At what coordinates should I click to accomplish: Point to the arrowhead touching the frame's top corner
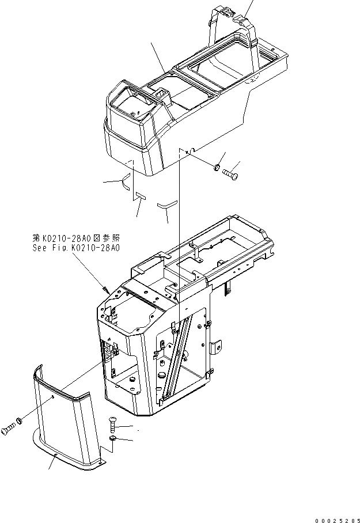pyautogui.click(x=105, y=288)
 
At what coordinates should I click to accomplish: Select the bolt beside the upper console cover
pyautogui.click(x=231, y=172)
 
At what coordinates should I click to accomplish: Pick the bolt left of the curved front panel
pyautogui.click(x=9, y=427)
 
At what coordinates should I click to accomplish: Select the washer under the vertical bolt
pyautogui.click(x=113, y=441)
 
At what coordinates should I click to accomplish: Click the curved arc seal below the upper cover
pyautogui.click(x=124, y=183)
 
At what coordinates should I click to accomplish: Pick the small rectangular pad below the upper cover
pyautogui.click(x=141, y=196)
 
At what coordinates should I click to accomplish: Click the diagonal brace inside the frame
pyautogui.click(x=176, y=357)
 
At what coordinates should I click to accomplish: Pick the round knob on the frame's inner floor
pyautogui.click(x=132, y=381)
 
